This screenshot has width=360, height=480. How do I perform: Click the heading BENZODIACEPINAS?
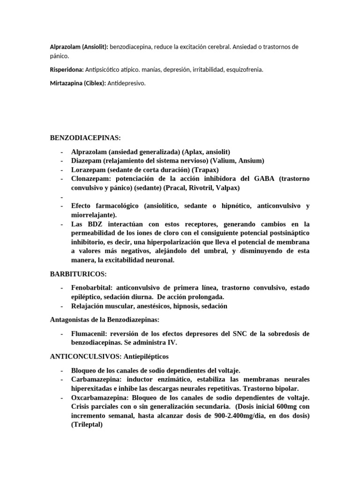click(85, 138)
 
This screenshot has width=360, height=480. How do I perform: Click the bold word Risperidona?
click(67, 69)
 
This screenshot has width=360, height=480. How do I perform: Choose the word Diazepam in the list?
click(85, 161)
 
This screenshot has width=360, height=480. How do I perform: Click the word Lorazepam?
click(87, 170)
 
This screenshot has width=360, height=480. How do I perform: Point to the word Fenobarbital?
click(92, 287)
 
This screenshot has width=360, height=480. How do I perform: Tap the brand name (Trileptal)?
click(87, 424)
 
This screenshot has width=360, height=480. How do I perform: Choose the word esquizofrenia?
click(242, 69)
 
